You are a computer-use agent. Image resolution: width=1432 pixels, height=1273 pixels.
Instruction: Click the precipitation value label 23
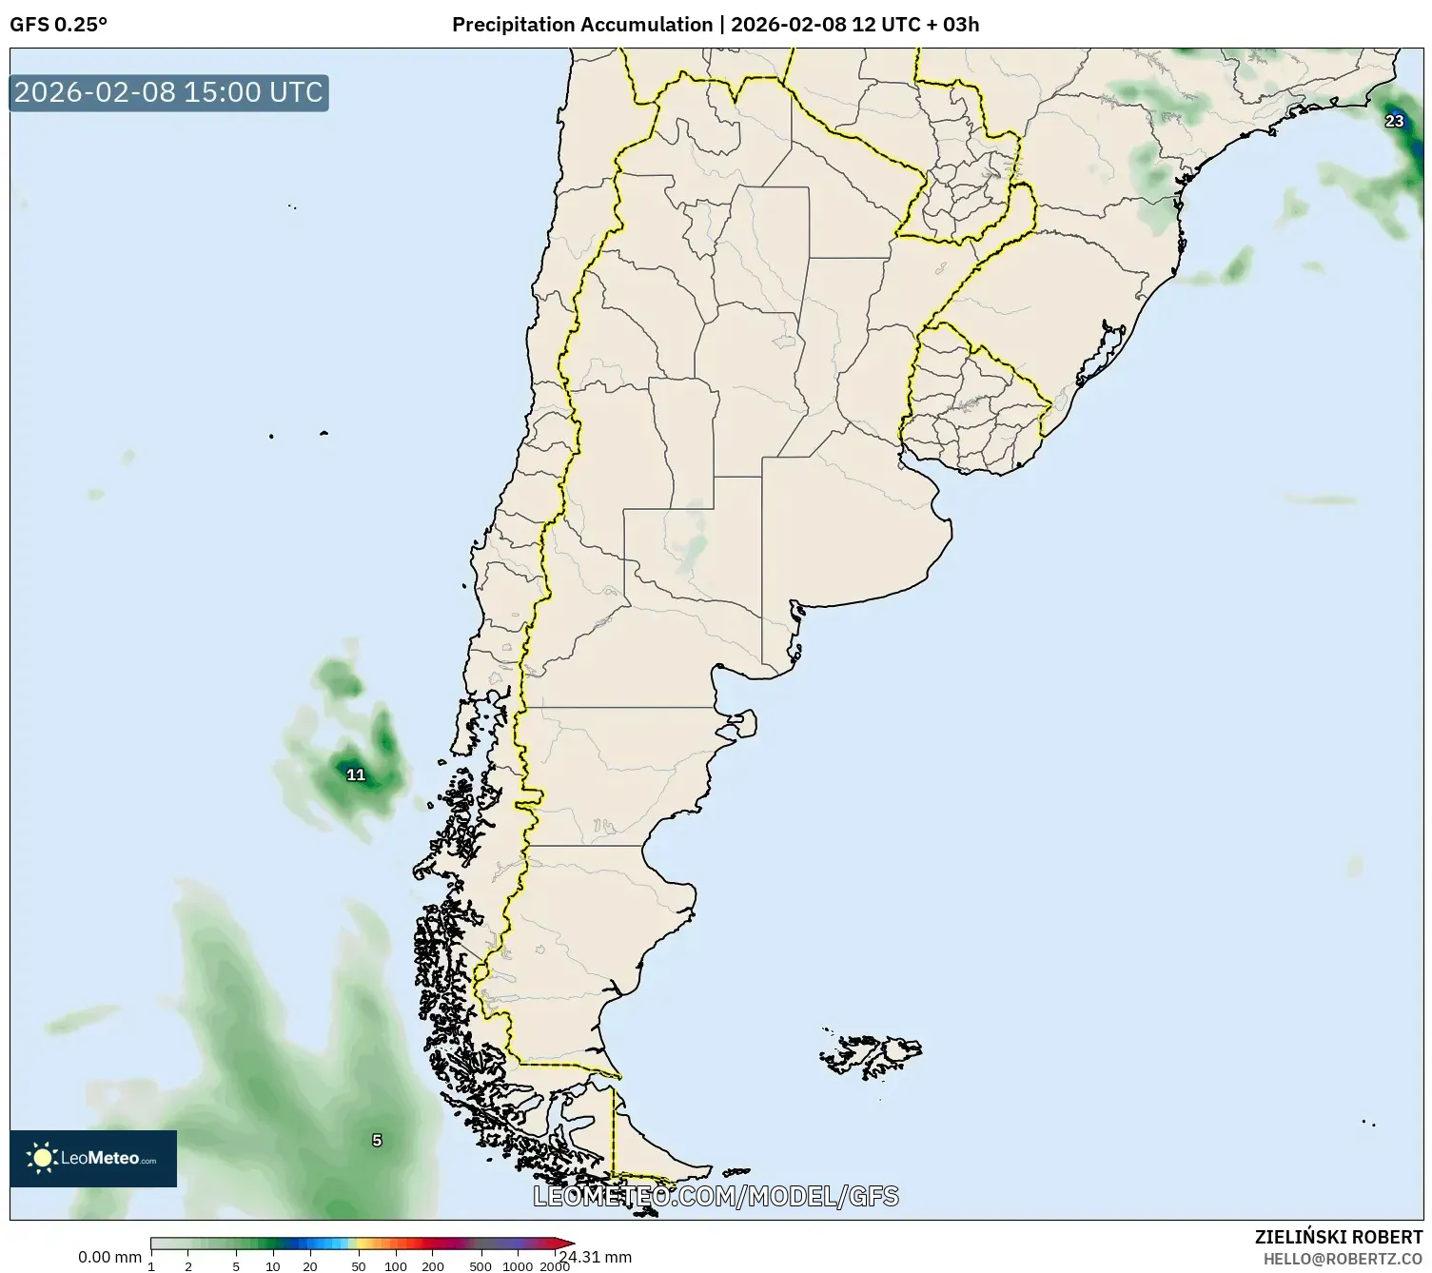tap(1394, 121)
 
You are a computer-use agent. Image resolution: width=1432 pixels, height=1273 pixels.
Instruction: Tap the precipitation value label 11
tap(356, 774)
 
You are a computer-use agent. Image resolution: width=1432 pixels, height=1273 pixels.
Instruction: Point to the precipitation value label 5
tap(377, 1140)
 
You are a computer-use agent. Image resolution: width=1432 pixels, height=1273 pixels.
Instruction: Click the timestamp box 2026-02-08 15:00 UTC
tap(168, 92)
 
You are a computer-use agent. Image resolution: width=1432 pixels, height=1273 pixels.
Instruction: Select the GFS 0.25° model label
tap(58, 25)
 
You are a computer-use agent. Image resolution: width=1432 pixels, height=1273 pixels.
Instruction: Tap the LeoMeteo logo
tap(93, 1158)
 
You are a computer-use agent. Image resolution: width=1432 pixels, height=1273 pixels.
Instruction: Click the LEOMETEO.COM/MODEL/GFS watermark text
tap(716, 1196)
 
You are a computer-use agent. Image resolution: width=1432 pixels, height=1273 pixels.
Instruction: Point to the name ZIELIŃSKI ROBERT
tap(1339, 1237)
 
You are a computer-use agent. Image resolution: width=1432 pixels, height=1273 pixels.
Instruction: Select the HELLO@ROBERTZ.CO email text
tap(1343, 1258)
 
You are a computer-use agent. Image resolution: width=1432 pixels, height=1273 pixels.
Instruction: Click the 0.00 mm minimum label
tap(109, 1257)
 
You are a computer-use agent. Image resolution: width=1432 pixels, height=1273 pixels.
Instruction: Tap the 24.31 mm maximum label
tap(596, 1257)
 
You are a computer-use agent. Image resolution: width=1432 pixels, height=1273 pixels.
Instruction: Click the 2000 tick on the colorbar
tap(555, 1266)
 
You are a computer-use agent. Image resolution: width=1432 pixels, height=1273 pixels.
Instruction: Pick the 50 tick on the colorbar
tap(358, 1266)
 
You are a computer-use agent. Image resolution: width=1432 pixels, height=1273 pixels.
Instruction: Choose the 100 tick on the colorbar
tap(396, 1266)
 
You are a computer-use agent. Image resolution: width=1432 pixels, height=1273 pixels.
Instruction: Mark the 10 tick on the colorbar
tap(273, 1266)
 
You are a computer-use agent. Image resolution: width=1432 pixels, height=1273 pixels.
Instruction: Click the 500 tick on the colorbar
tap(481, 1266)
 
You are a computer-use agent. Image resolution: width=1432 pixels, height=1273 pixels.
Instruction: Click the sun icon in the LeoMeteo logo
tap(43, 1158)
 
